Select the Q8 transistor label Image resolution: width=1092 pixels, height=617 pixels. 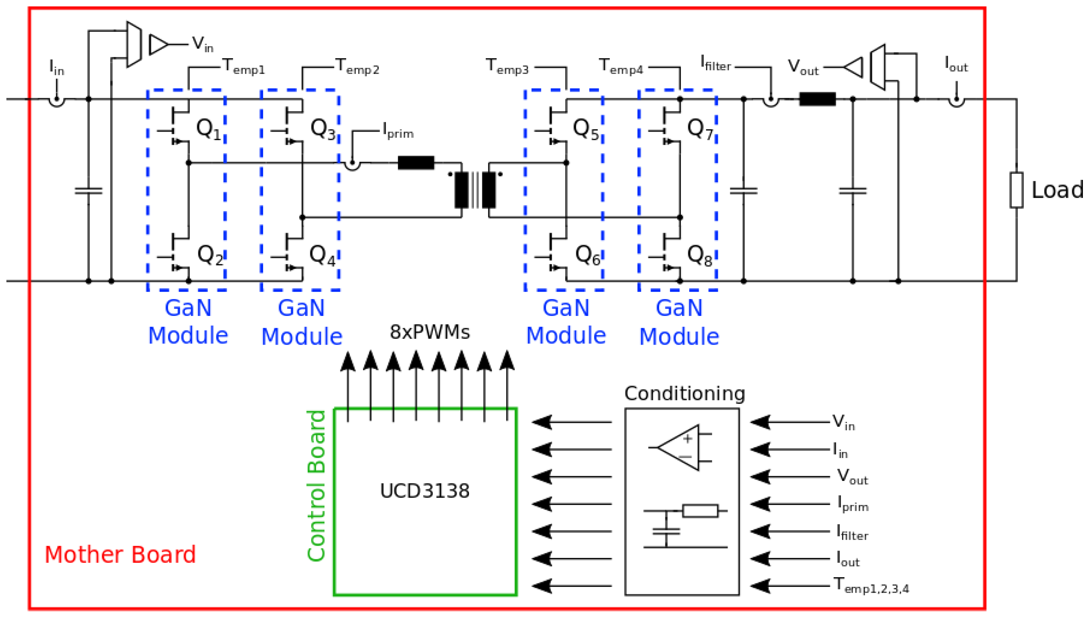[699, 256]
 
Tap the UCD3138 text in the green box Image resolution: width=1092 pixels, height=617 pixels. [425, 491]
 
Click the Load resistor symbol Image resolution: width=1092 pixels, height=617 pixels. [1016, 190]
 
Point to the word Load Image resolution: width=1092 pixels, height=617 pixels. [1057, 190]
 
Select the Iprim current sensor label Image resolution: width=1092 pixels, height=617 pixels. [398, 131]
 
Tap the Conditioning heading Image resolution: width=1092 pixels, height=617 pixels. [684, 394]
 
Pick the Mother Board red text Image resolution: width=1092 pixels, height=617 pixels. [120, 555]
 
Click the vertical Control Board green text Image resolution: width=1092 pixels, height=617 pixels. [316, 486]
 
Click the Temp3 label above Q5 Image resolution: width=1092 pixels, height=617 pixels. [507, 66]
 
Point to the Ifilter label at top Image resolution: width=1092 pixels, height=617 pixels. [716, 63]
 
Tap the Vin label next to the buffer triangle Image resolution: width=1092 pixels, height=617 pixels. [202, 44]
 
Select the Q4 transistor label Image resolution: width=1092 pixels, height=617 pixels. [322, 256]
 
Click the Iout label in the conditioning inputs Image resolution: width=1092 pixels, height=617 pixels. [848, 559]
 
